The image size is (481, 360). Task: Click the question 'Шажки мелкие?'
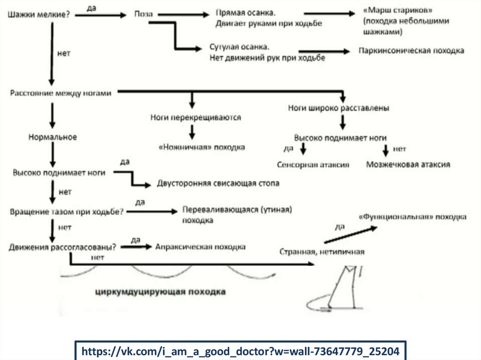point(39,15)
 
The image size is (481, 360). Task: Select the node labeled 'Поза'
point(143,15)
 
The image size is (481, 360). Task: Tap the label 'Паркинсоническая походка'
point(411,50)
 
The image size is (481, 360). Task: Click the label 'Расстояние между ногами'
point(61,93)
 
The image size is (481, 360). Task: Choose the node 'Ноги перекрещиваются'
point(195,117)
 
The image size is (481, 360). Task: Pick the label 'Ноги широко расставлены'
point(338,108)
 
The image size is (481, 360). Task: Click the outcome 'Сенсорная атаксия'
point(313,165)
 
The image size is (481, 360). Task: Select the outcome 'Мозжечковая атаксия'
point(408,165)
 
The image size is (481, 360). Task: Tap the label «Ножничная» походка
point(202,147)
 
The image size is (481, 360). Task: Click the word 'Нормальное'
point(53,137)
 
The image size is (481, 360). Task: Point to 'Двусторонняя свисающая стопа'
point(218,184)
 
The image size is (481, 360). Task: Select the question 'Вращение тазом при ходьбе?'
point(66,212)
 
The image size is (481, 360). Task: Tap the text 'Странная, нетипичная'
point(322,252)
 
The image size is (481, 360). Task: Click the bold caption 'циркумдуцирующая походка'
point(161,292)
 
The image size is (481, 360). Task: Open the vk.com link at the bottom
point(240,351)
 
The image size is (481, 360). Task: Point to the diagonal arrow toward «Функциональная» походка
point(350,234)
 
